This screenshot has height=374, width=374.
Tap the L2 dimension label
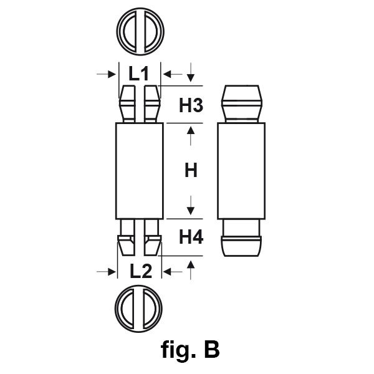point(139,271)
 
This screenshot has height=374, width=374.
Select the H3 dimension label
point(191,105)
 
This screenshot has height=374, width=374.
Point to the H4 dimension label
point(191,237)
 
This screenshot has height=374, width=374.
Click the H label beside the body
point(191,170)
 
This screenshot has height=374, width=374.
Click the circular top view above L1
point(140,30)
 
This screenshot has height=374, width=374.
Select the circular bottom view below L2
point(140,309)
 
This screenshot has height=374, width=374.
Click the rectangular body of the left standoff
point(140,170)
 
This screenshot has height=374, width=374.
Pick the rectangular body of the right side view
point(241,170)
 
